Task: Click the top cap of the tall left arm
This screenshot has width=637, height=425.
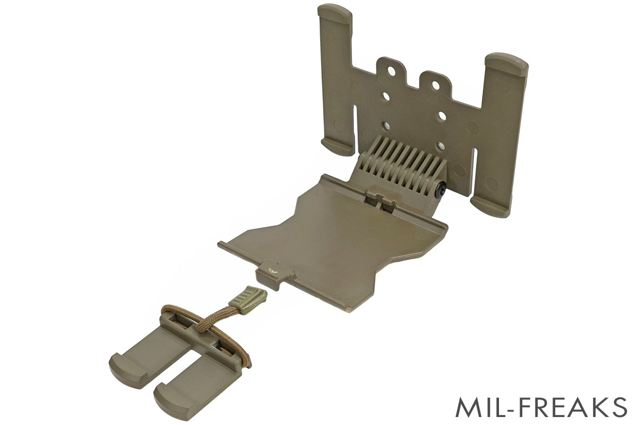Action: [x=334, y=13]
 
